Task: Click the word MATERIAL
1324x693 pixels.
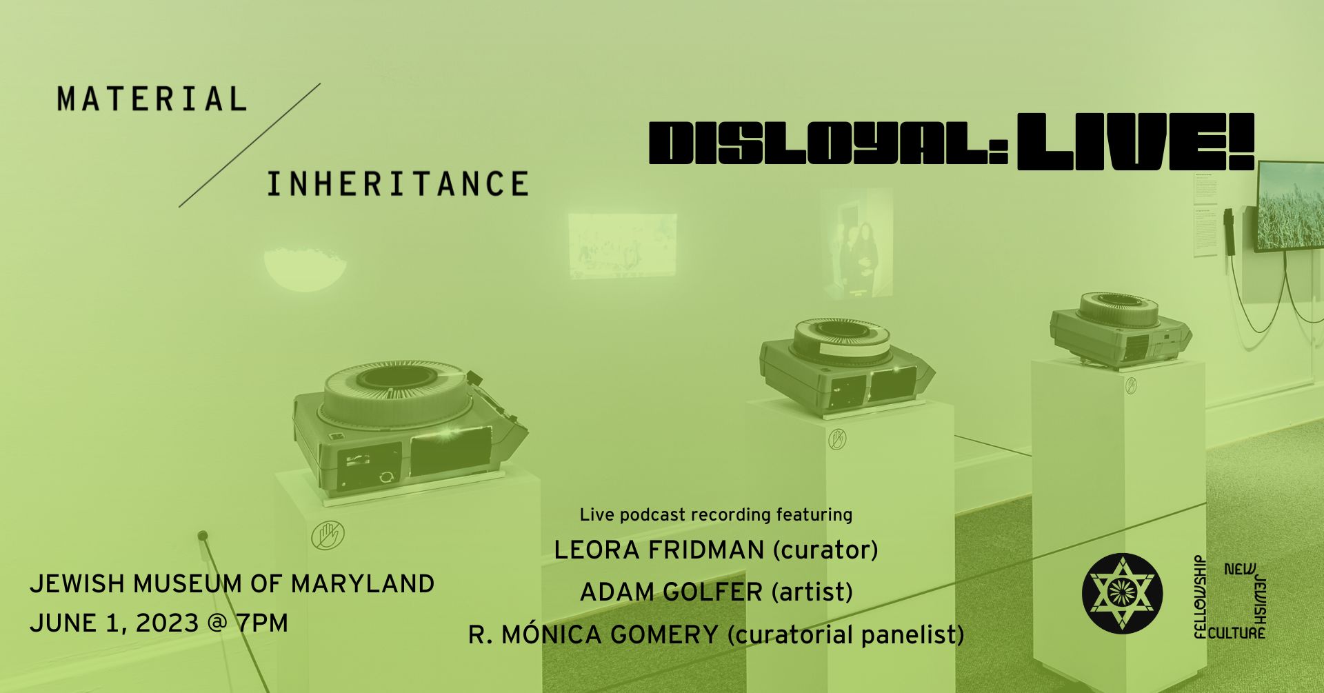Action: (152, 99)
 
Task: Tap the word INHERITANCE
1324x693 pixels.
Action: (398, 184)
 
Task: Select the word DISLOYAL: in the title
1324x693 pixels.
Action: (830, 143)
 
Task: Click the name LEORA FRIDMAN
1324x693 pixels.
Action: (659, 550)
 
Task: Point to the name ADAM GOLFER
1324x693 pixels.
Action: (671, 592)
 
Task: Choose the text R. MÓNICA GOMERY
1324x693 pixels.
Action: (593, 634)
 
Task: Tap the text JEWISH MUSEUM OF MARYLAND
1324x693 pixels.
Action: (232, 584)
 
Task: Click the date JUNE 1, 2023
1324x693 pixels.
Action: (114, 623)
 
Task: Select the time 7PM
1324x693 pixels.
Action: (261, 623)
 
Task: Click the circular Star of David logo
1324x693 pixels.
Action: (1122, 593)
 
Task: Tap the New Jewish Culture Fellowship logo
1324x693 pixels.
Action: (1230, 597)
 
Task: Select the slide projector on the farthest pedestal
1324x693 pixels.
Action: (1120, 328)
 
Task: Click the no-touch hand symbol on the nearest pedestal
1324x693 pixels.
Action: (328, 536)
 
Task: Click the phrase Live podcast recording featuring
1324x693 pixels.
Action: (716, 514)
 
